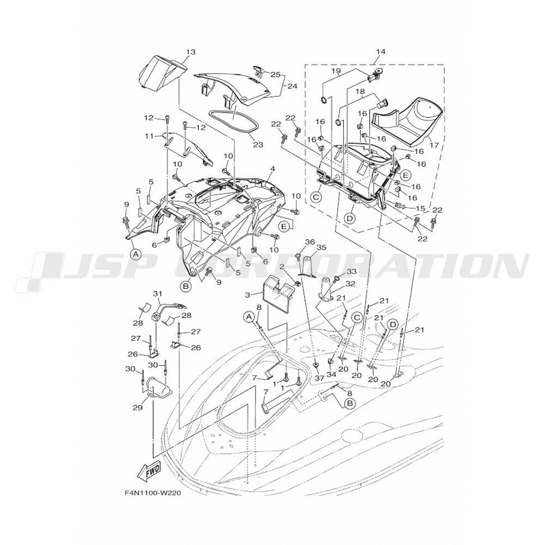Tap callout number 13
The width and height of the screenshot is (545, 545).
pos(190,52)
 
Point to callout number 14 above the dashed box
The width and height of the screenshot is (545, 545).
pos(380,52)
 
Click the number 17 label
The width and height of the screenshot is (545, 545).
pos(434,145)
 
